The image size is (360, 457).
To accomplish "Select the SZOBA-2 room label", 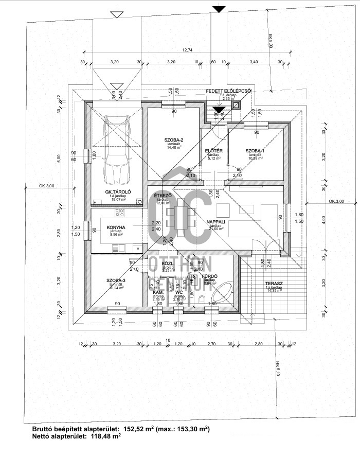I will (174, 140).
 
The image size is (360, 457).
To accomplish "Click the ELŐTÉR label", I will (213, 150).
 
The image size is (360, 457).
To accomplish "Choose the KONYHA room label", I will (117, 227).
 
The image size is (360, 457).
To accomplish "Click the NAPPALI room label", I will (215, 222).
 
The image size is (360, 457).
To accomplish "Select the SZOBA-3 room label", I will (116, 280).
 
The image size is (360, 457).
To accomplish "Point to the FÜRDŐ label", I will (211, 276).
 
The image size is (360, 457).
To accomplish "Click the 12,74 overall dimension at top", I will (187, 50).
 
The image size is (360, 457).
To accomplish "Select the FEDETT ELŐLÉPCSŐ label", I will (228, 91).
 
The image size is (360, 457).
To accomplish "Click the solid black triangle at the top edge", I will (219, 9).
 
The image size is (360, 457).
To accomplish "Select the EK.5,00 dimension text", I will (269, 42).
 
